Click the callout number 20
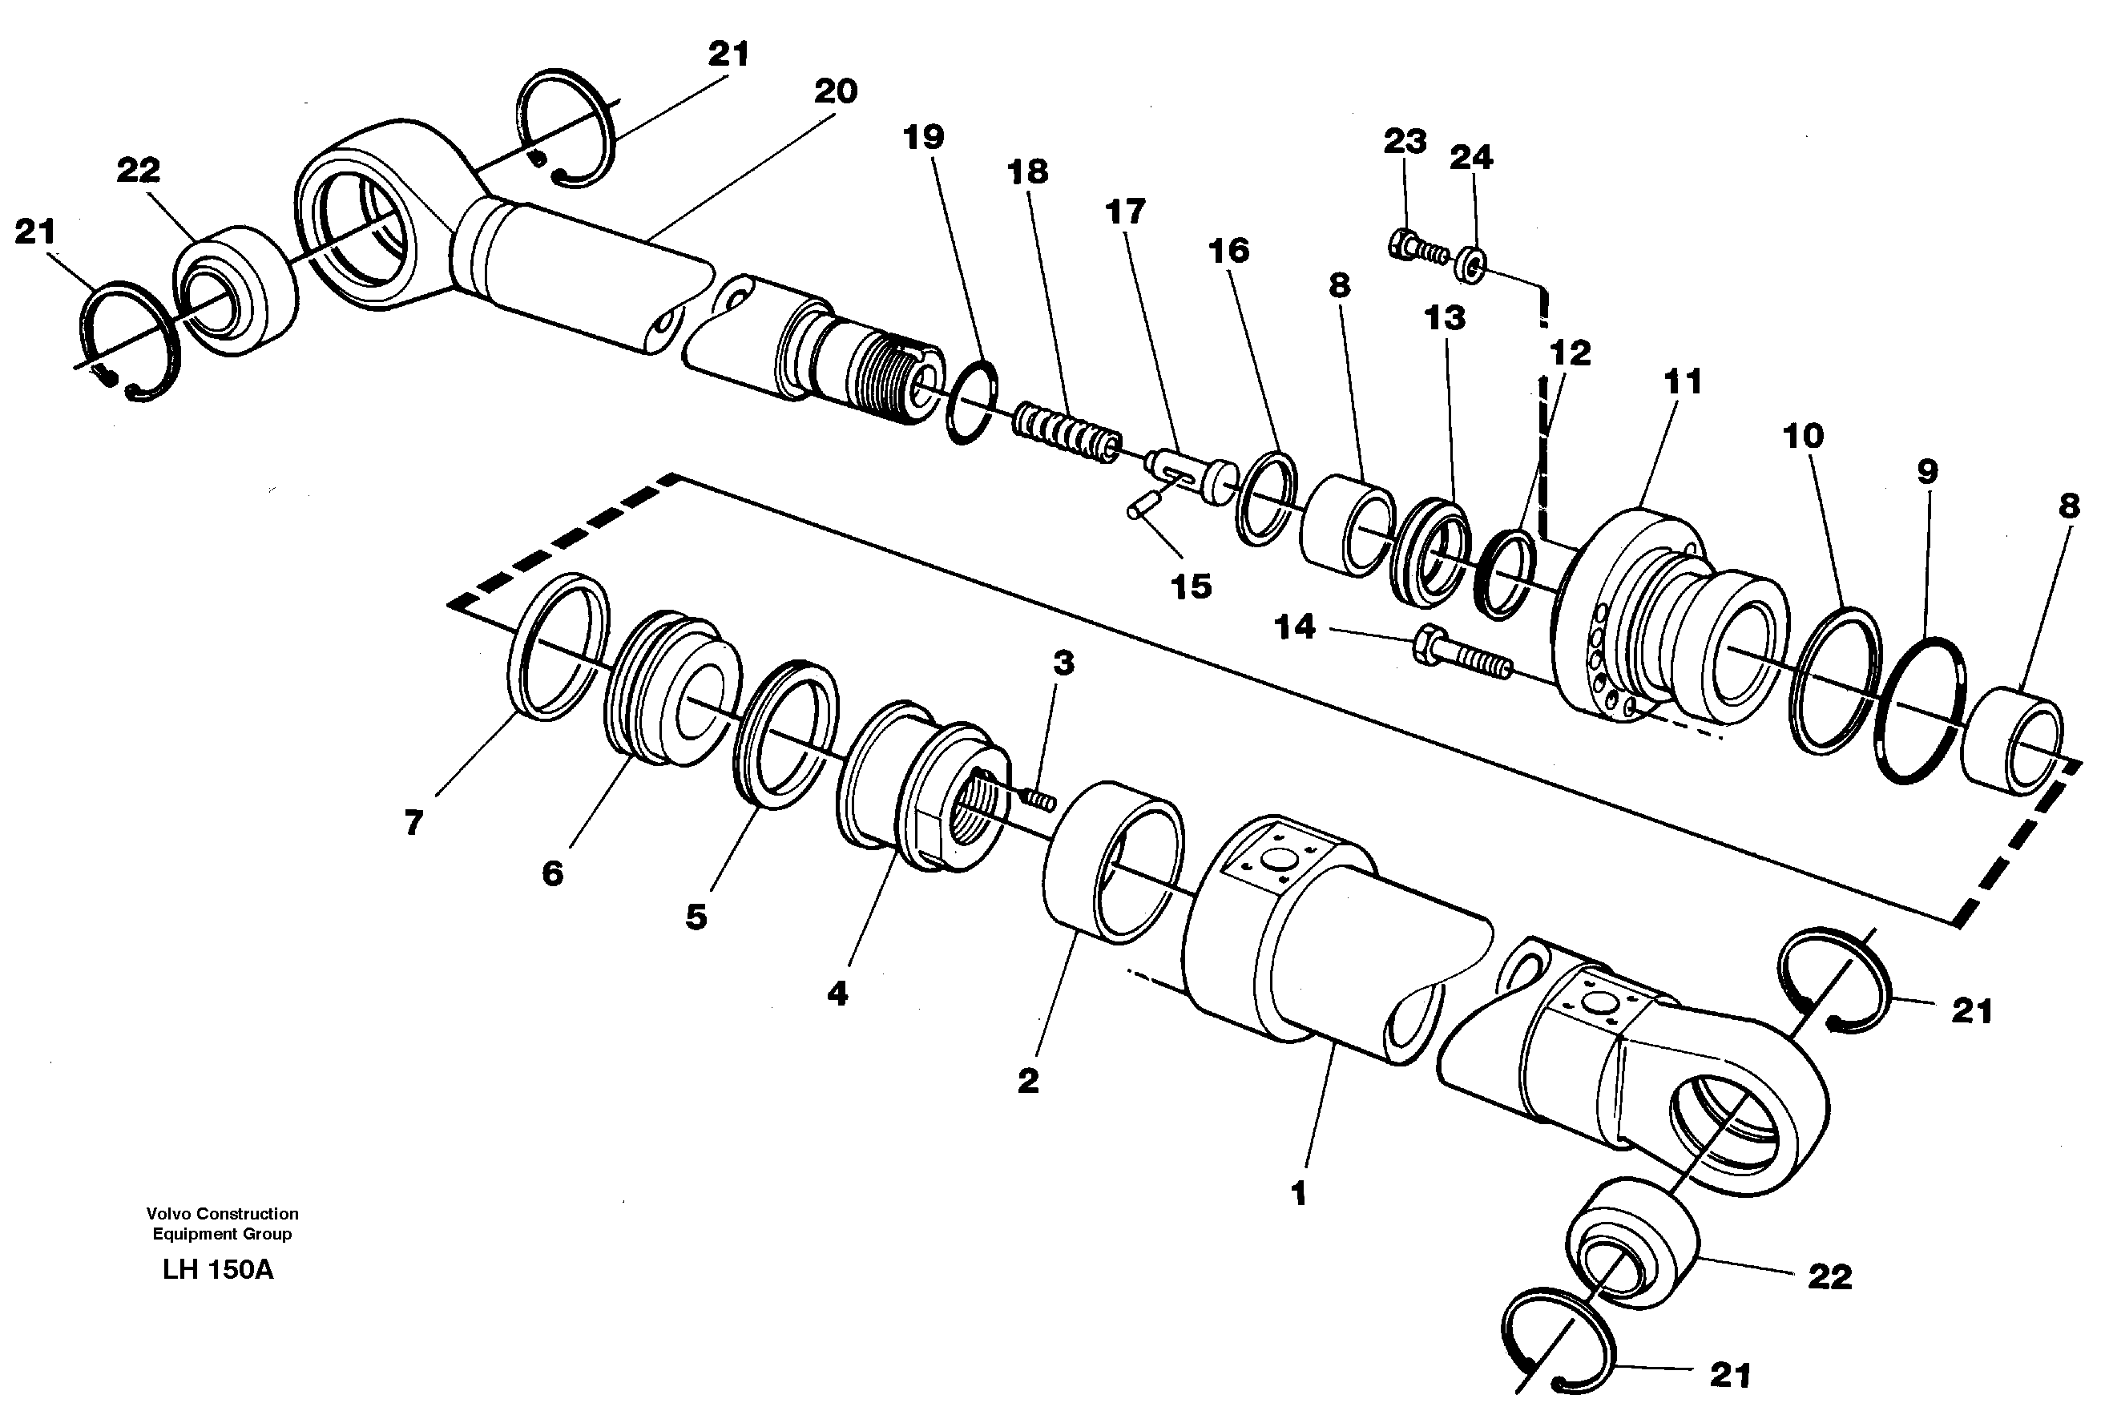tap(835, 91)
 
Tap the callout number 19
tap(923, 137)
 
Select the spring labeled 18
tap(1066, 433)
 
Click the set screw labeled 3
tap(1039, 799)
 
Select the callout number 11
tap(1682, 381)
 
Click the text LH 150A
tap(217, 1270)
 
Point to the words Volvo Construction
tap(222, 1214)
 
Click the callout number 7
tap(413, 822)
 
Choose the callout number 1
tap(1298, 1194)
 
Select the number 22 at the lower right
tap(1829, 1276)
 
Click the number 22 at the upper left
tap(138, 170)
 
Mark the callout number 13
tap(1444, 317)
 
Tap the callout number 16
tap(1228, 250)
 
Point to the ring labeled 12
tap(1503, 574)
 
